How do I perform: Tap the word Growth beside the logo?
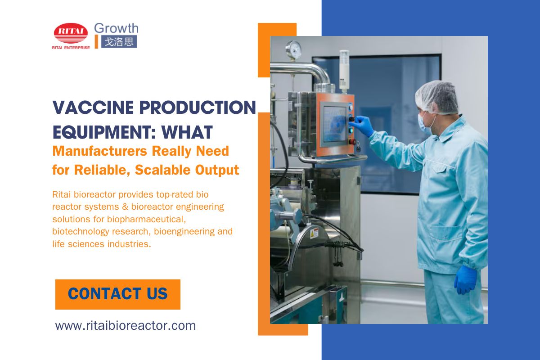pyautogui.click(x=116, y=28)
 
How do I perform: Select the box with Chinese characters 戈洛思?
pyautogui.click(x=119, y=42)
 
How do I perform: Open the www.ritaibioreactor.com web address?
pyautogui.click(x=126, y=325)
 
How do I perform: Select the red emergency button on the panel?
pyautogui.click(x=353, y=141)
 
